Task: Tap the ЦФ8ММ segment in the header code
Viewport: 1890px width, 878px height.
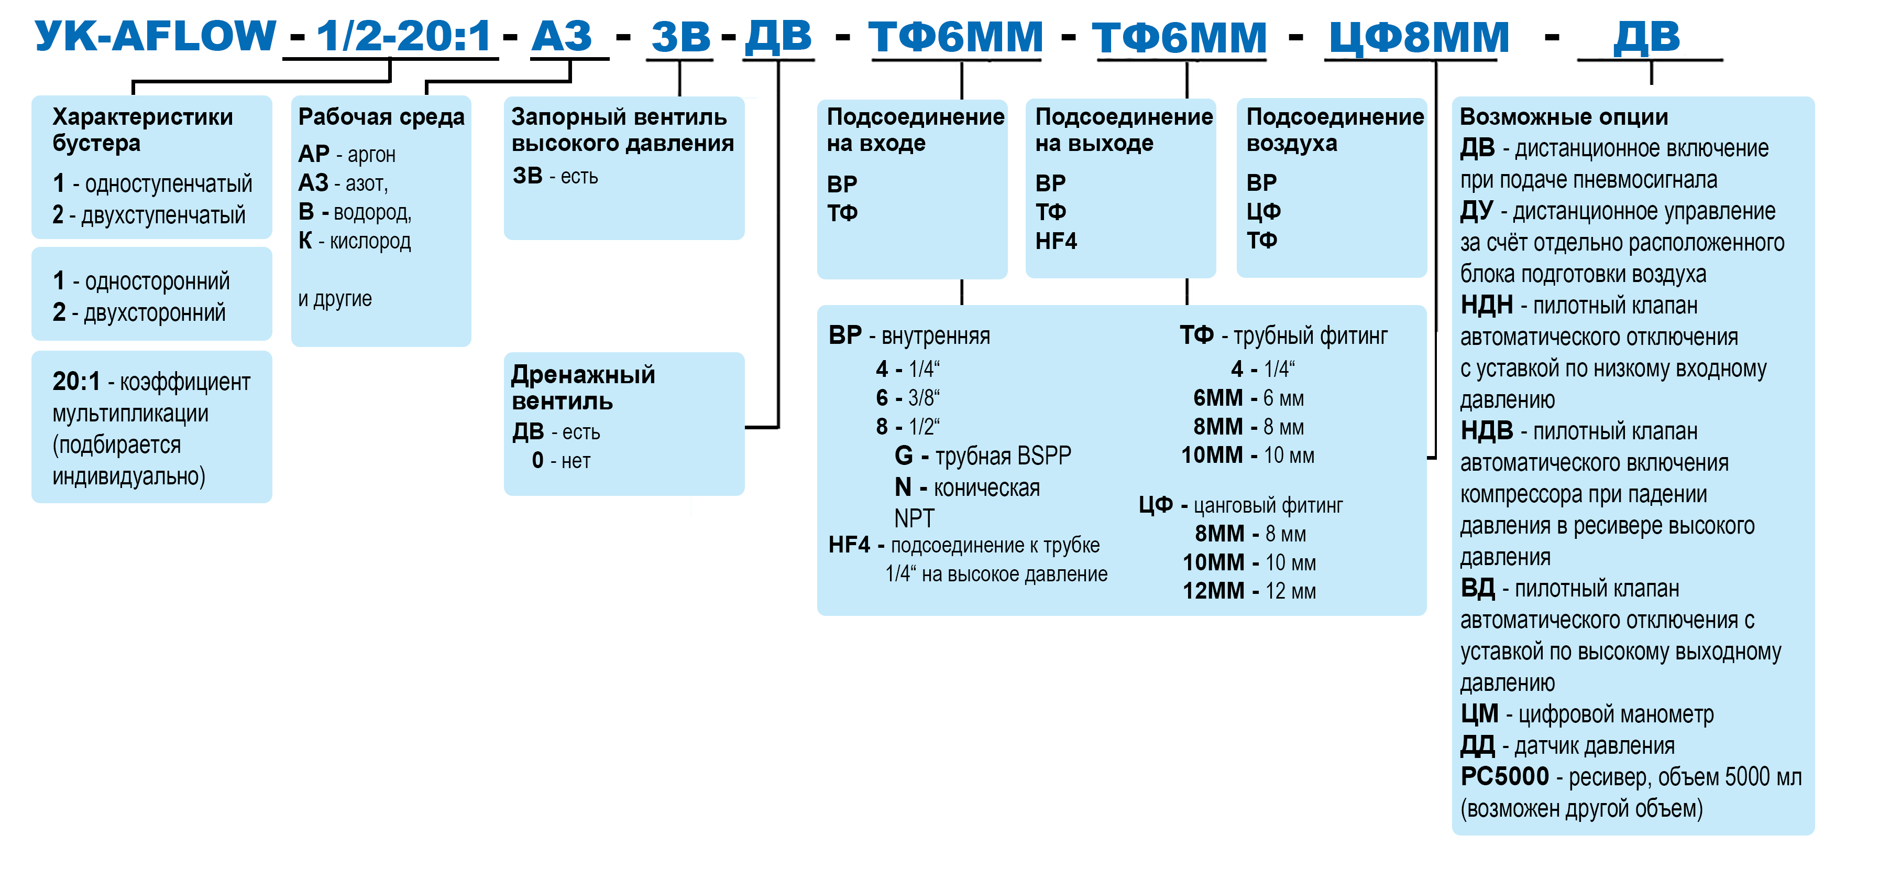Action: [1419, 37]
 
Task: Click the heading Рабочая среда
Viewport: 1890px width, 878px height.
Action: [381, 117]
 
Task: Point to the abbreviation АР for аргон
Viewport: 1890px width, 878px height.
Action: [313, 154]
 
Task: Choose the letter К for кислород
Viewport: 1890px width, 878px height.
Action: [305, 241]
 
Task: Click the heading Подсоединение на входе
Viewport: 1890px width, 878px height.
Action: [916, 130]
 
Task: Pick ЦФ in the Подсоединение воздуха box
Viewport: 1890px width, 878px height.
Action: [1263, 211]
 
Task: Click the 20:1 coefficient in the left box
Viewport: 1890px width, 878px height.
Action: [76, 382]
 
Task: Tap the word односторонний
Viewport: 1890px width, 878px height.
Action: [157, 281]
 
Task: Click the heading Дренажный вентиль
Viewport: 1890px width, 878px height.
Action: [583, 387]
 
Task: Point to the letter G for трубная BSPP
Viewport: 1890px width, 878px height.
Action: [904, 456]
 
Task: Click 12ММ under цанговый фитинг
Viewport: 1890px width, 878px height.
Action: [1214, 591]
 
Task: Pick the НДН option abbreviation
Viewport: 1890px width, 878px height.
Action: [1487, 305]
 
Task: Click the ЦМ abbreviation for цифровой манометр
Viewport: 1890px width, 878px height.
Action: [1479, 713]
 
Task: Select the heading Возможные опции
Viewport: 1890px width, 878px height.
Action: [1564, 117]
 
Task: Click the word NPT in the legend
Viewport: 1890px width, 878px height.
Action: [914, 518]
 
